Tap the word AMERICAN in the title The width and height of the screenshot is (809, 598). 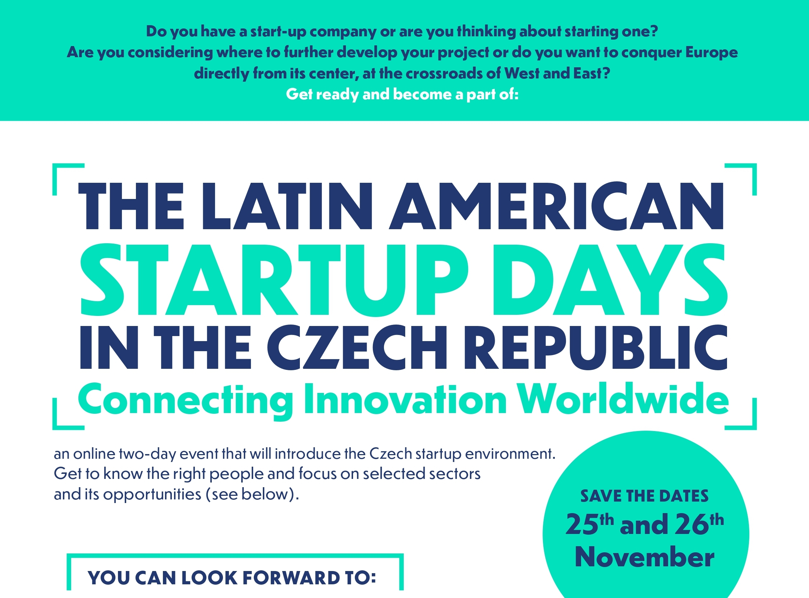[557, 206]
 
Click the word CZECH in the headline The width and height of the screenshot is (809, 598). [357, 348]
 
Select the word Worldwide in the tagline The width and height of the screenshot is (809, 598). [623, 399]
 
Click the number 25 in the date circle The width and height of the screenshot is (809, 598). [582, 525]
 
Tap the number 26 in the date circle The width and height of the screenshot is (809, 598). [692, 525]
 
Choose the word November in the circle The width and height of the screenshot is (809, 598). [644, 557]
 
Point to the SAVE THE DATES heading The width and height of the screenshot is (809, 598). [644, 496]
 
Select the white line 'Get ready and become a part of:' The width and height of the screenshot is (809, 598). [402, 95]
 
